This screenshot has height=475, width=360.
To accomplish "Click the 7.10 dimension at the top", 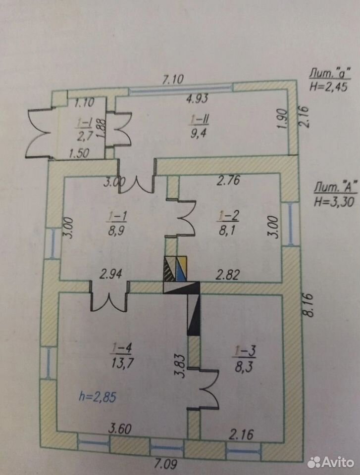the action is (x=173, y=79).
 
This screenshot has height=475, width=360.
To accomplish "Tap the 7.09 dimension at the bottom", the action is (x=166, y=464).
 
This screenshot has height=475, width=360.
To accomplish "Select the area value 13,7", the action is (x=122, y=362).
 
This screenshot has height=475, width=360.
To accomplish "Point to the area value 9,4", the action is (x=198, y=133).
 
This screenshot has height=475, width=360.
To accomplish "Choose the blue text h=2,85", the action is (x=98, y=396).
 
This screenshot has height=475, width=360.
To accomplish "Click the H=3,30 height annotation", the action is (x=334, y=202).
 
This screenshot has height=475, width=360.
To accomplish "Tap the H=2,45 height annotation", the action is (x=328, y=87).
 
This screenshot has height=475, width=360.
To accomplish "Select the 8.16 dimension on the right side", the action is (x=309, y=305).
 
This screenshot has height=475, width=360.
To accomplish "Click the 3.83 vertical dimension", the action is (x=180, y=366).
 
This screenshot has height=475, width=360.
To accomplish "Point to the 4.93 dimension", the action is (x=198, y=99).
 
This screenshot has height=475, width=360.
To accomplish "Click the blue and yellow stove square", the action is (x=181, y=268).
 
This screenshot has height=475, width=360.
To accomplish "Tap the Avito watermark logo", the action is (x=331, y=463).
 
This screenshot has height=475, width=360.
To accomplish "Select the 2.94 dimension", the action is (x=111, y=274).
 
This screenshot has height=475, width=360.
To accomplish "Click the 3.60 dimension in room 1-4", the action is (x=120, y=429).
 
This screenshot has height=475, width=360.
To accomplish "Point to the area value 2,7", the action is (x=85, y=137).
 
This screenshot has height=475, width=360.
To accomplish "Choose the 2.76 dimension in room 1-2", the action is (x=228, y=180).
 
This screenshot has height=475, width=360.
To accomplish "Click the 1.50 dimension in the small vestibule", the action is (x=79, y=154).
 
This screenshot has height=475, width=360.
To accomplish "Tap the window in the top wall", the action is (x=181, y=88).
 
